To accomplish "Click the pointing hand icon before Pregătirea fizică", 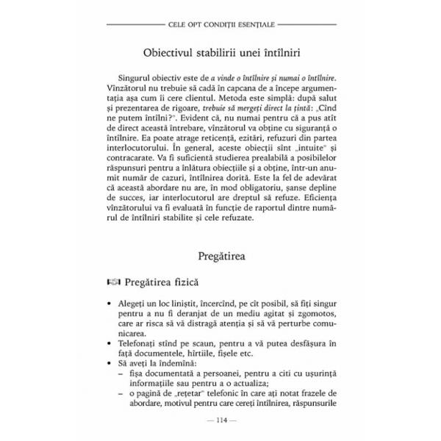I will [112, 282].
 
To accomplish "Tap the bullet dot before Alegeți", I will [110, 303].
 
